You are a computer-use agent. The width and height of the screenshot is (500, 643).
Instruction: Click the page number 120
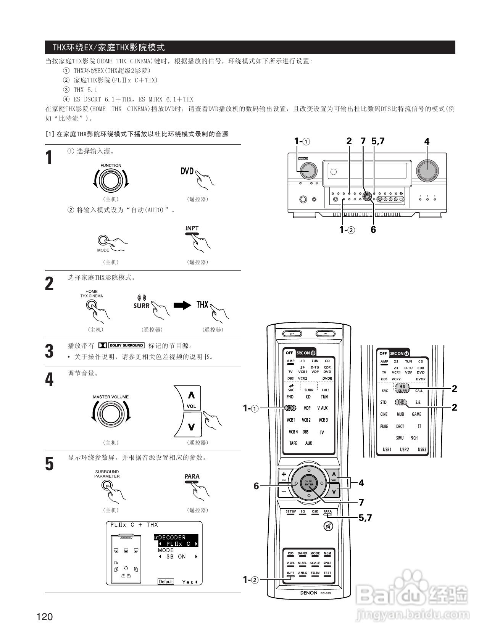(45, 617)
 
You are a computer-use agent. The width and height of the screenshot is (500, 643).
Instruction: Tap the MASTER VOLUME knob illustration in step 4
(111, 414)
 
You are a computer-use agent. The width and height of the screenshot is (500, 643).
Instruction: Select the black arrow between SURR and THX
(182, 305)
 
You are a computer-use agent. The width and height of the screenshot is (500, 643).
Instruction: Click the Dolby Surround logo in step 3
(121, 345)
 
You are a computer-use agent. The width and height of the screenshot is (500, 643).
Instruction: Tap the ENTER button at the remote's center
(308, 483)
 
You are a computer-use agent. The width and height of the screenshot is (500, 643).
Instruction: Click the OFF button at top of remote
(292, 334)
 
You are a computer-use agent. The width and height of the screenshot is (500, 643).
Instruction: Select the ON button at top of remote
(326, 334)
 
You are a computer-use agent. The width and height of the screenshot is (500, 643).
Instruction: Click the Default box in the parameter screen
(166, 582)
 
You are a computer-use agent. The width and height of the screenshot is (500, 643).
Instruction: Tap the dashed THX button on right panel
(401, 402)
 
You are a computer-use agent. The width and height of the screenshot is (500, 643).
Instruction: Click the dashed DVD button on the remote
(290, 408)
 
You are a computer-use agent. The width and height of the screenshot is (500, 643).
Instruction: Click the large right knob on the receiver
(427, 170)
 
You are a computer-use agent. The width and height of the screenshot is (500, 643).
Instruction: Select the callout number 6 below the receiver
(373, 230)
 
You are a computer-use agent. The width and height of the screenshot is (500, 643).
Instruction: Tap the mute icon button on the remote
(328, 527)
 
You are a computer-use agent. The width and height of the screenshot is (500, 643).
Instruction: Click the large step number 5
(50, 464)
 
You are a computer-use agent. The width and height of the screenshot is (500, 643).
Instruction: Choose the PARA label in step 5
(192, 476)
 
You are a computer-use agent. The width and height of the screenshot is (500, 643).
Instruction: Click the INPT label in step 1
(192, 228)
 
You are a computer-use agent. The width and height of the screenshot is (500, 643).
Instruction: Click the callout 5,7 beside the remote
(365, 517)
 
